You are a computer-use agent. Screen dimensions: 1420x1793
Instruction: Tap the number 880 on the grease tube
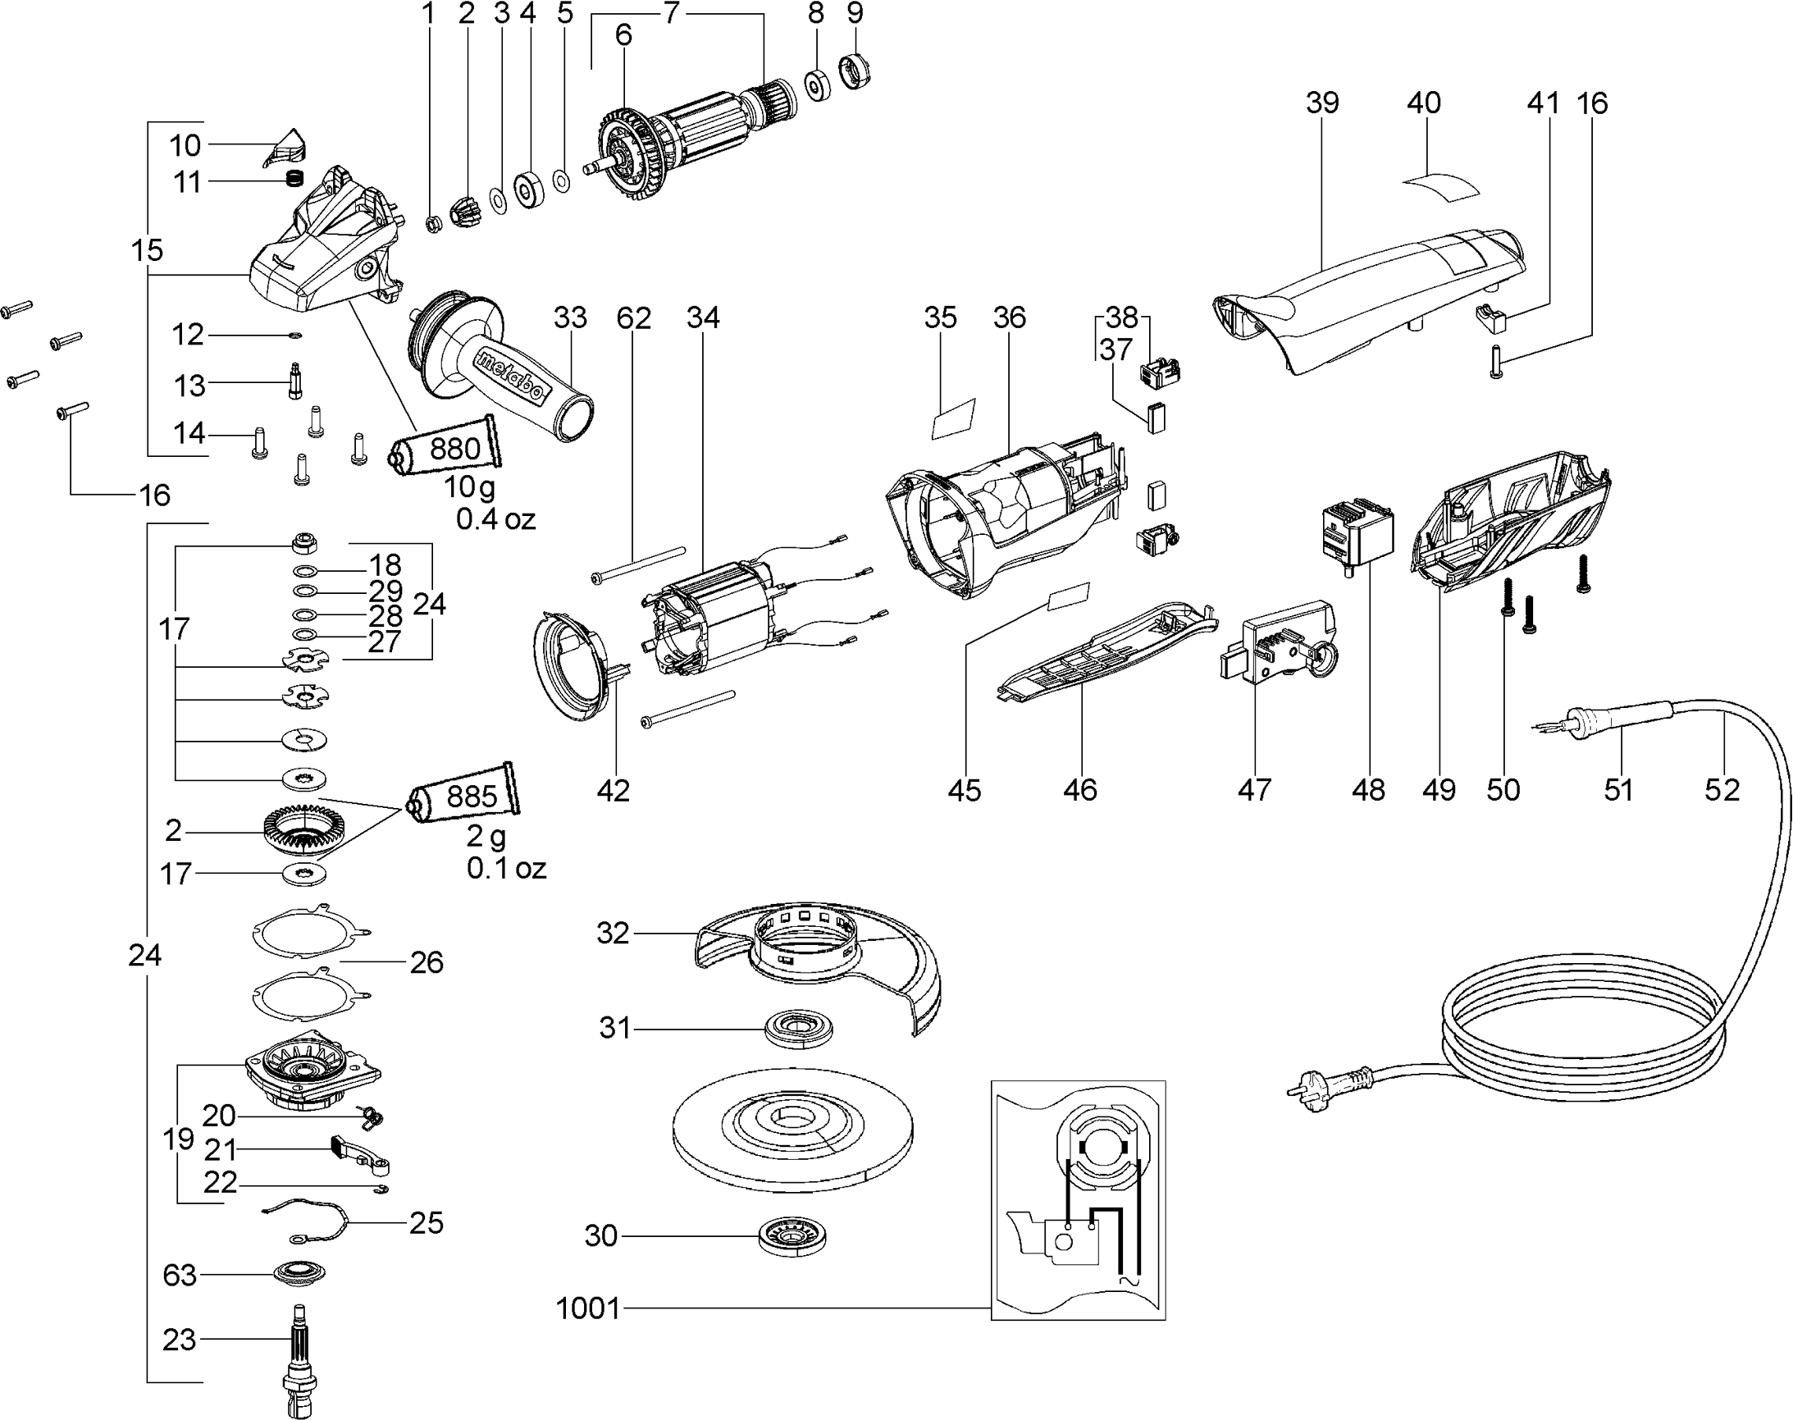point(454,449)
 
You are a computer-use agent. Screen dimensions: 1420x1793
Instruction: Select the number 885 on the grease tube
point(472,796)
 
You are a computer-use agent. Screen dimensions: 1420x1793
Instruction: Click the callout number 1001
point(588,1308)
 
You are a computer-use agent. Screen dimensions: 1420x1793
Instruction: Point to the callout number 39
point(1321,103)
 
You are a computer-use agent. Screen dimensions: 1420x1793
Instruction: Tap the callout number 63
point(180,1275)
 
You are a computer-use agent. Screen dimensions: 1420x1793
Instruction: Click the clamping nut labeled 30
point(794,1237)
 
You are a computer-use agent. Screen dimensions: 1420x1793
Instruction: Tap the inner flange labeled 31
point(799,1031)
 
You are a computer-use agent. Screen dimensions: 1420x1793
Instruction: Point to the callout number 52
point(1722,789)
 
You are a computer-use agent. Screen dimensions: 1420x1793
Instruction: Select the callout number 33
point(570,317)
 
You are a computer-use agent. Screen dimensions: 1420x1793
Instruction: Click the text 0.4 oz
point(495,519)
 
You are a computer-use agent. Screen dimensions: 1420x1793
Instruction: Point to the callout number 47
point(1254,789)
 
